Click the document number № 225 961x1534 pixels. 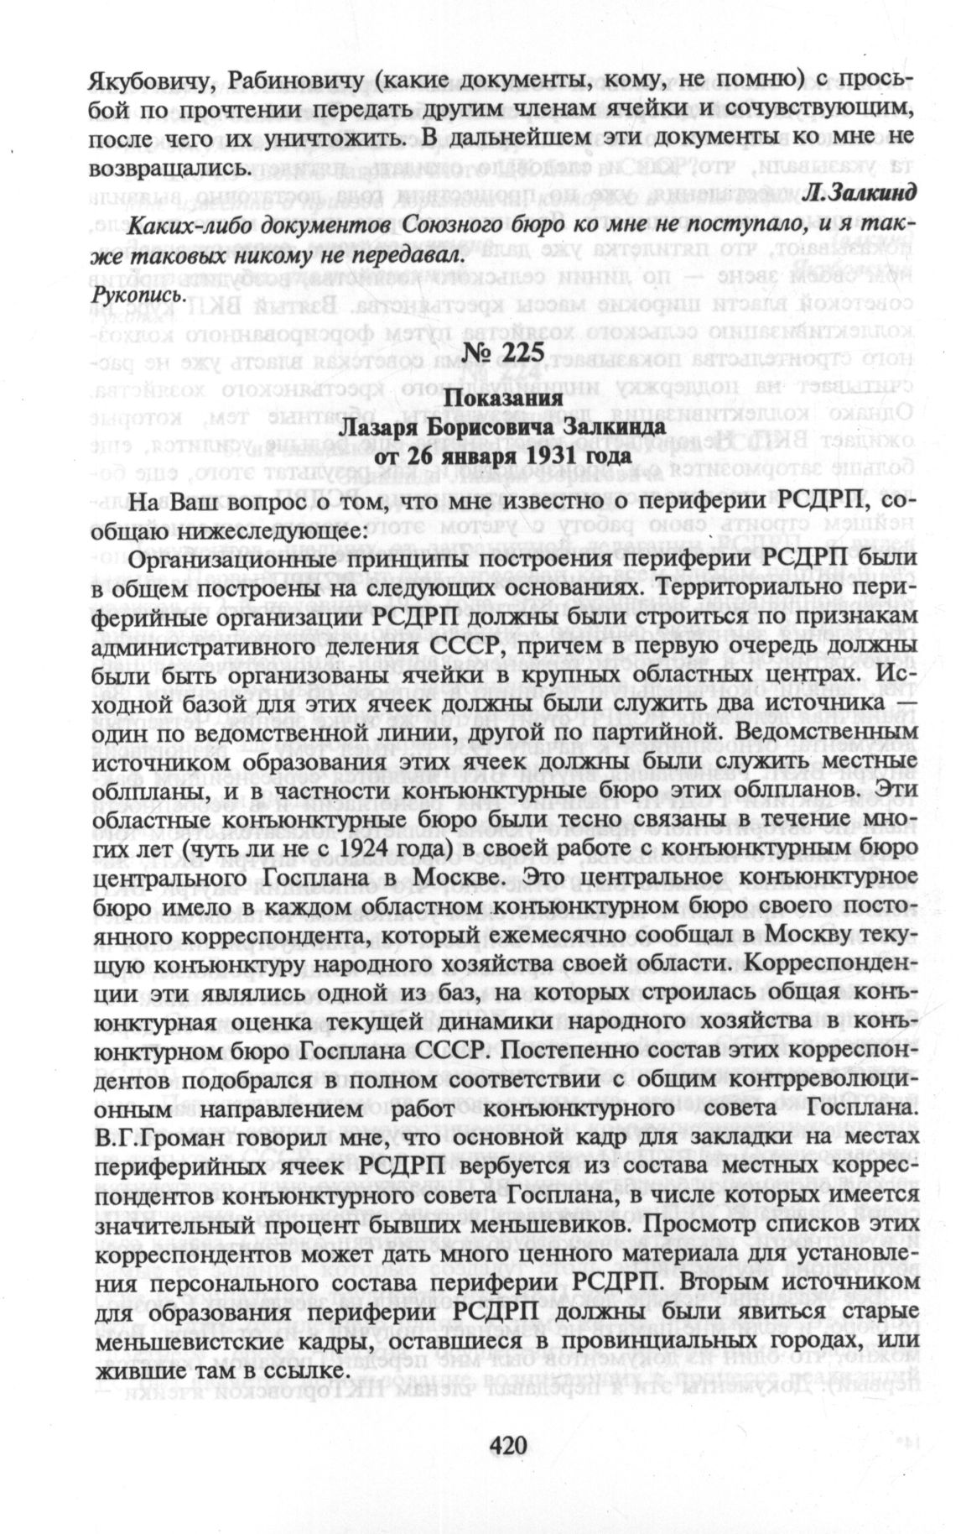(x=501, y=353)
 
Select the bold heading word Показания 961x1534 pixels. (x=501, y=399)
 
